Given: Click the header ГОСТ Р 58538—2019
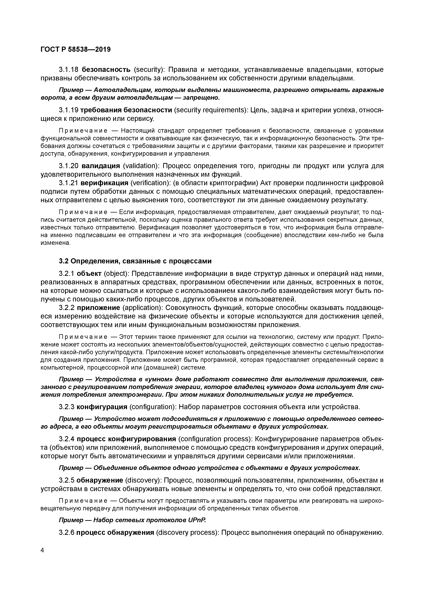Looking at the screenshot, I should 76,49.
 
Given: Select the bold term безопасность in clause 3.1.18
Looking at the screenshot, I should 106,70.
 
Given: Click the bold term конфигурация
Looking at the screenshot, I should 102,407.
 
